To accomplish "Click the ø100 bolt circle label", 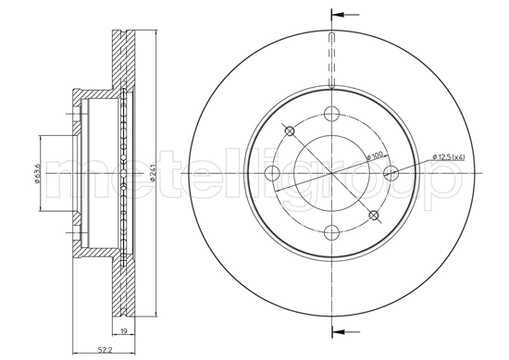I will pyautogui.click(x=376, y=156).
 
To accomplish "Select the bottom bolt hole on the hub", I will pyautogui.click(x=331, y=232).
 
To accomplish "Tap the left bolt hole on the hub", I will pyautogui.click(x=272, y=173).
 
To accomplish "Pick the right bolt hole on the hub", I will pyautogui.click(x=391, y=173).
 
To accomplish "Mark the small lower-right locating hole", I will pyautogui.click(x=374, y=216).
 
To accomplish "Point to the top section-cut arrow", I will pyautogui.click(x=340, y=15).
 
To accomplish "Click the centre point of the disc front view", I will pyautogui.click(x=331, y=173).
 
